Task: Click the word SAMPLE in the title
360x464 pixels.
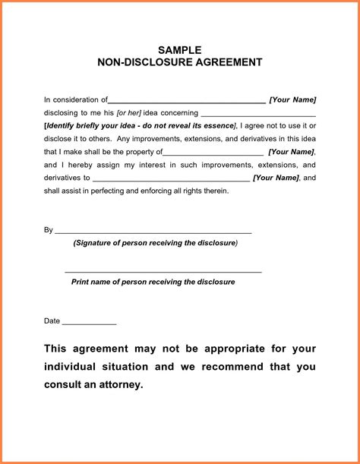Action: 180,50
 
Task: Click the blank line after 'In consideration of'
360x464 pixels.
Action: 187,100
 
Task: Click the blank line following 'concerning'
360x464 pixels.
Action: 258,114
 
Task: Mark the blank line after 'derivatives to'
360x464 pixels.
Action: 170,179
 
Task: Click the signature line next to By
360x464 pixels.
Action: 153,232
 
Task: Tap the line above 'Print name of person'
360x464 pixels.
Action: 163,271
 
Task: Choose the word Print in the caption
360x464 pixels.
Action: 81,282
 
